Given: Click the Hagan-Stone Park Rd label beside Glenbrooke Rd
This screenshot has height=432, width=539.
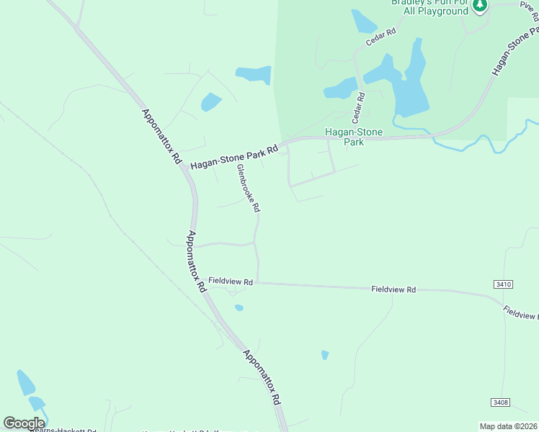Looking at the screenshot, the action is click(234, 158).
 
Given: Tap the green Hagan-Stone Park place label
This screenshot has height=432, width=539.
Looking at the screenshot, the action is click(353, 137).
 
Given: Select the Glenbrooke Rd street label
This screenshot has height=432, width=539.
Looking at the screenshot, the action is click(247, 188).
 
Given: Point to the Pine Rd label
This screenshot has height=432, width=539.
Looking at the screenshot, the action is click(529, 4).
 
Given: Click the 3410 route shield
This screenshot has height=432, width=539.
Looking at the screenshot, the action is click(504, 284).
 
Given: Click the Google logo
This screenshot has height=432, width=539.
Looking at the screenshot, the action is click(24, 423).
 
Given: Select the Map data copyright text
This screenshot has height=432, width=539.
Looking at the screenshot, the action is click(508, 426).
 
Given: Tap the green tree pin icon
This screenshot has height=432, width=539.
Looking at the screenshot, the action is click(480, 6).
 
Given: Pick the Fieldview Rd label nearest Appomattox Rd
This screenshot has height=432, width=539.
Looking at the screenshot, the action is click(231, 282).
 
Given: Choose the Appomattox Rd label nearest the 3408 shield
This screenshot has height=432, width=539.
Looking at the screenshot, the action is click(262, 378).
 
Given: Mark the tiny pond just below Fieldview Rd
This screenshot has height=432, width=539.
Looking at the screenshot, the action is click(239, 307).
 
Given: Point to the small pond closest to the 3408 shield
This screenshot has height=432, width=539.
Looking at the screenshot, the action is click(325, 354).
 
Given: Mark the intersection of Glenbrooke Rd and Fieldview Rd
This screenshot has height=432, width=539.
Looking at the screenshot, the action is click(258, 283).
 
